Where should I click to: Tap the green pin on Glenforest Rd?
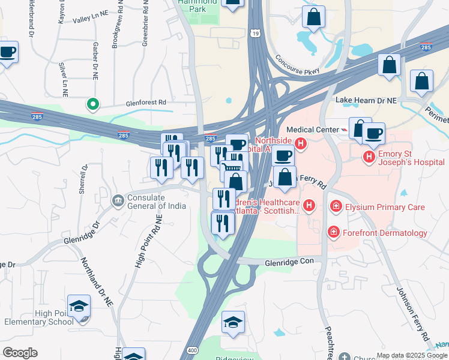92,105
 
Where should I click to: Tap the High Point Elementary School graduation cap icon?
79,307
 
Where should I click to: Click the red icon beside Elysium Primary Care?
336,207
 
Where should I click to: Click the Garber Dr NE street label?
95,60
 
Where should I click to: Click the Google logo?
20,353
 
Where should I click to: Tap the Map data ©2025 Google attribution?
412,355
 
